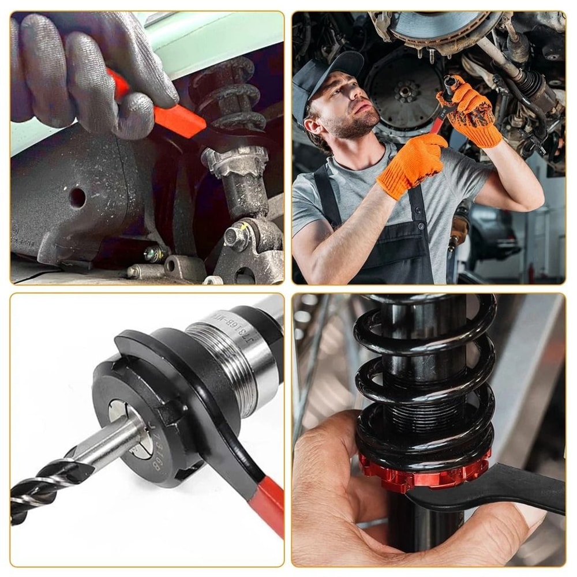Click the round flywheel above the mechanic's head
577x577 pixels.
click(404, 89)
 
